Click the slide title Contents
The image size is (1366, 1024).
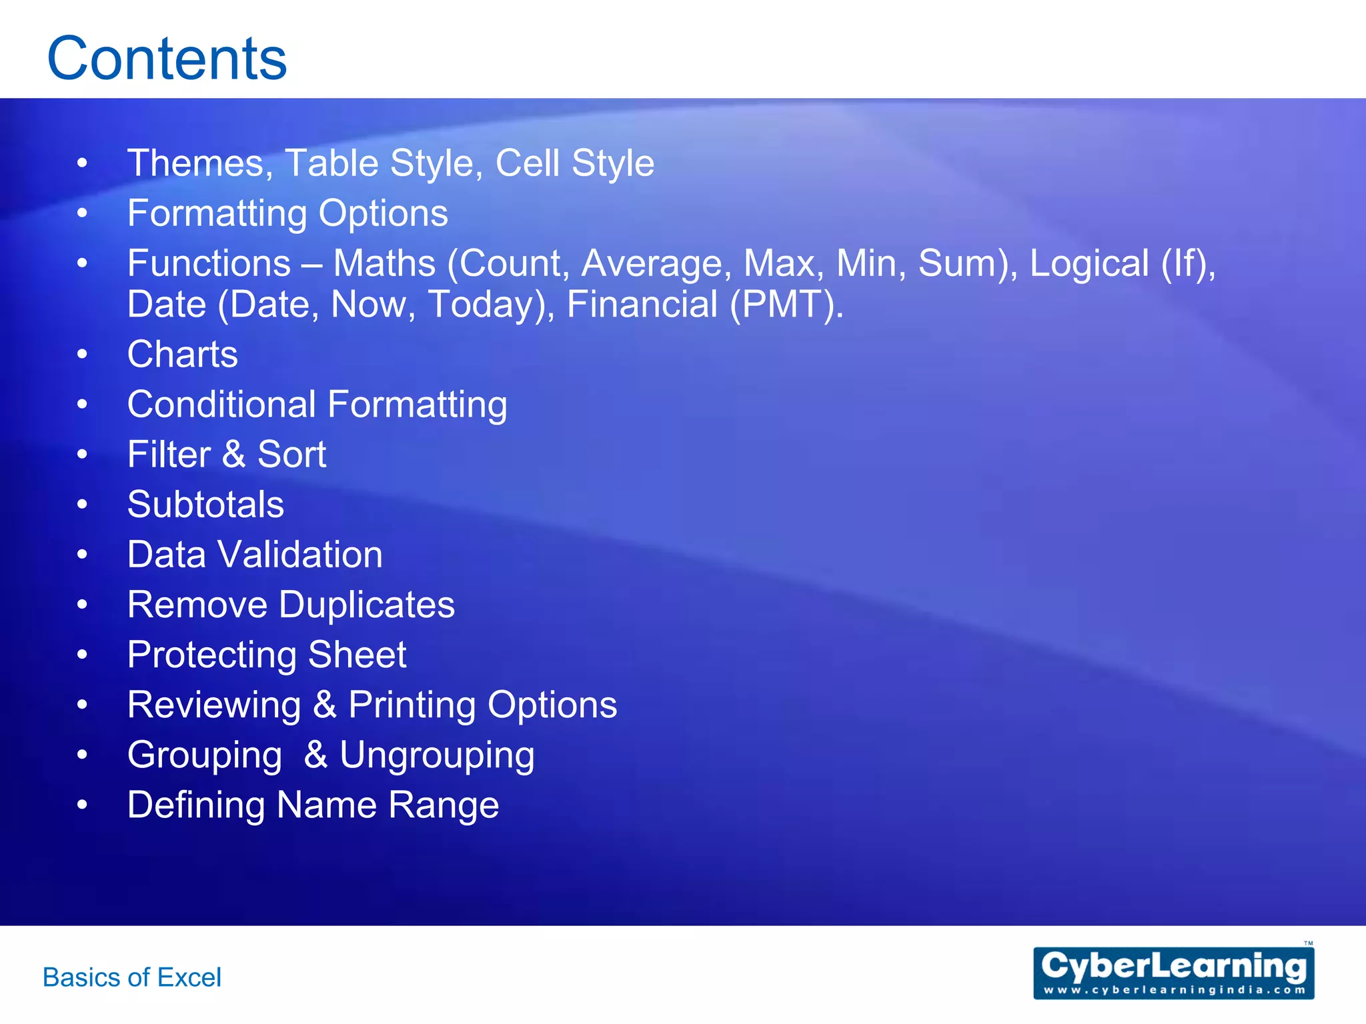tap(167, 59)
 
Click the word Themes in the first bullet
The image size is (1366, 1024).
tap(196, 163)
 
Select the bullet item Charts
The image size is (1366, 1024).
tap(182, 354)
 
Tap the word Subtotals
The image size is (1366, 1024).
tap(205, 504)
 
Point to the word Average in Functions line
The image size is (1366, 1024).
tap(652, 263)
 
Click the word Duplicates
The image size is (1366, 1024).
tap(367, 605)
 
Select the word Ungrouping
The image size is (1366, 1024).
tap(437, 755)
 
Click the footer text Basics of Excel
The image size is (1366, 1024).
tap(132, 977)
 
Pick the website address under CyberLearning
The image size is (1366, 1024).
tap(1173, 990)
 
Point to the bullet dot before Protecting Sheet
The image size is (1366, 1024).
tap(82, 655)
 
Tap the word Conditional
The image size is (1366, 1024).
tap(221, 405)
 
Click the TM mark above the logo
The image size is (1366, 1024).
tap(1308, 943)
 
